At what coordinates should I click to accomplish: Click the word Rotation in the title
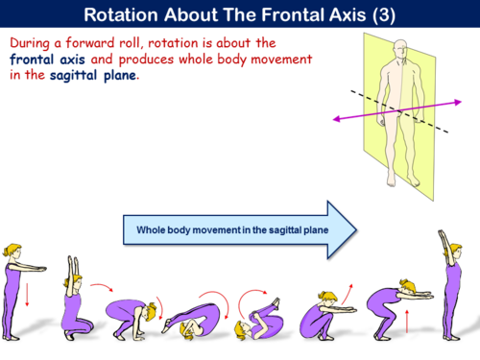point(125,15)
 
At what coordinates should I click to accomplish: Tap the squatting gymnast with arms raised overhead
point(73,298)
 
